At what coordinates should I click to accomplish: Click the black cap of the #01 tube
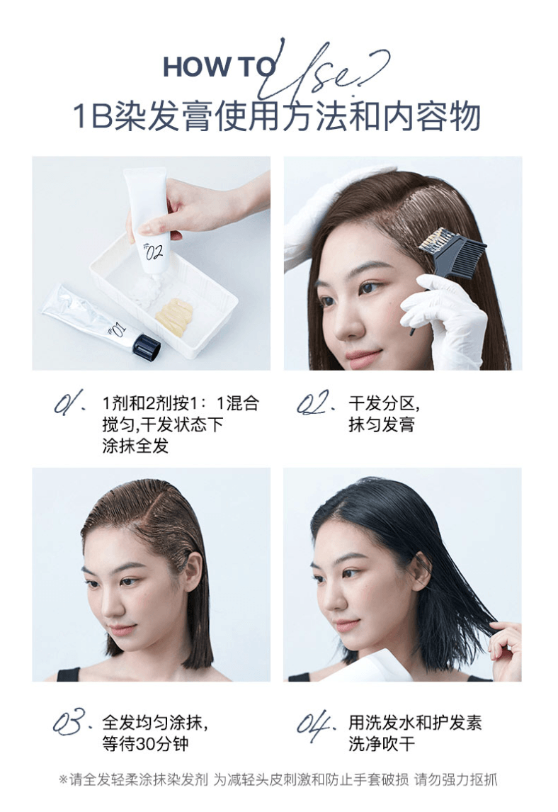(147, 344)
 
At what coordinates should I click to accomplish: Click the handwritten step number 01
(68, 405)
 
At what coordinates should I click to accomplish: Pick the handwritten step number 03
(68, 723)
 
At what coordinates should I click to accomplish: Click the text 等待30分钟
(145, 745)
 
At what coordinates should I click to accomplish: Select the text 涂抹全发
(135, 446)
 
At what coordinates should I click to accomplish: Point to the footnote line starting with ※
(278, 780)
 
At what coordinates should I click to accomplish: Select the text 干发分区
(383, 405)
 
